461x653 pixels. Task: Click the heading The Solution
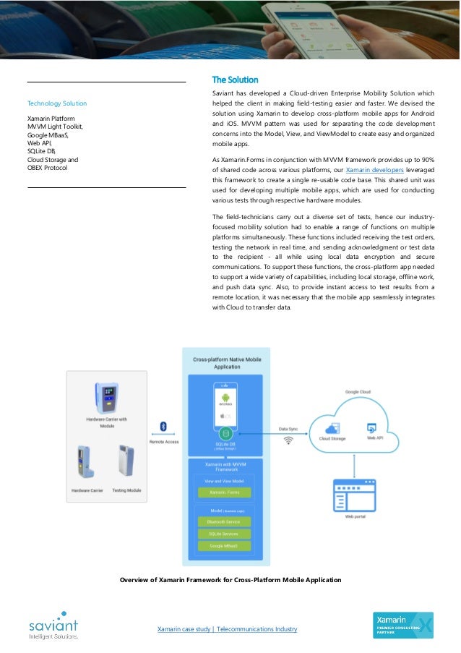(x=234, y=80)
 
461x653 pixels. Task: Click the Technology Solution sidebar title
(x=57, y=103)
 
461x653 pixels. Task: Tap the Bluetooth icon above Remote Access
(x=163, y=426)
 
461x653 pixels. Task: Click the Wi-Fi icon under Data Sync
(x=288, y=439)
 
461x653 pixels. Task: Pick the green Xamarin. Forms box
(x=223, y=492)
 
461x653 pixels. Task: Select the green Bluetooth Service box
(x=223, y=521)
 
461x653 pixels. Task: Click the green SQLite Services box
(x=223, y=534)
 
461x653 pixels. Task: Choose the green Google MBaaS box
(x=223, y=546)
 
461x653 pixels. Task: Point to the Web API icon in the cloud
(x=372, y=427)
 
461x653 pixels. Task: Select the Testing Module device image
(x=127, y=463)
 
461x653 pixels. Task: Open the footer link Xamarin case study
(x=227, y=629)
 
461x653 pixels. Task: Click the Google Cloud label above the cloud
(x=358, y=392)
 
